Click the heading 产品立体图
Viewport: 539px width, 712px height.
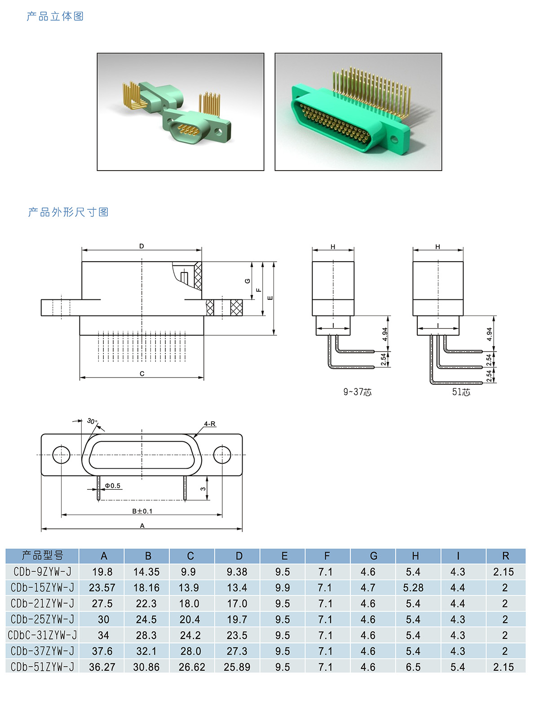55,16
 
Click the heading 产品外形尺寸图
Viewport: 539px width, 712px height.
68,212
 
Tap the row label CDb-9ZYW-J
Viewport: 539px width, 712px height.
42,571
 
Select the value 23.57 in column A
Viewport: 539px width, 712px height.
102,588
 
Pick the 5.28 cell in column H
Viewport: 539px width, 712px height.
413,588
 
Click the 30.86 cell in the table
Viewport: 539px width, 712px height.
146,667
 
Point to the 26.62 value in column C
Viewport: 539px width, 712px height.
192,667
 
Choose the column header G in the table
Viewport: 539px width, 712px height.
374,556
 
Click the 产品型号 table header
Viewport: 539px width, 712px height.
42,555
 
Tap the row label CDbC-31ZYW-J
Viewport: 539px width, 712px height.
42,635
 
